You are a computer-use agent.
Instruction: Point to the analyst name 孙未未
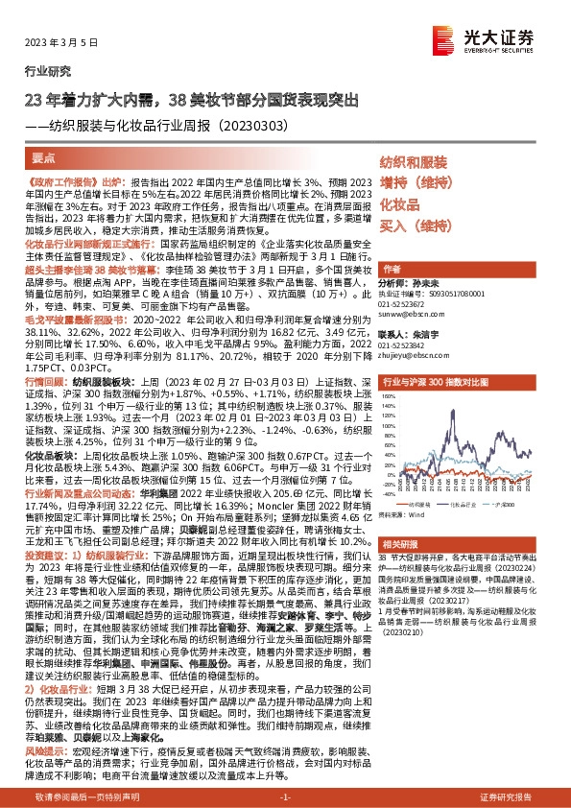pos(427,285)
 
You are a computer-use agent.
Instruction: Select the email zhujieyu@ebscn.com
pos(410,352)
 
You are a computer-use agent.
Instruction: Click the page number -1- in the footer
pos(285,797)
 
